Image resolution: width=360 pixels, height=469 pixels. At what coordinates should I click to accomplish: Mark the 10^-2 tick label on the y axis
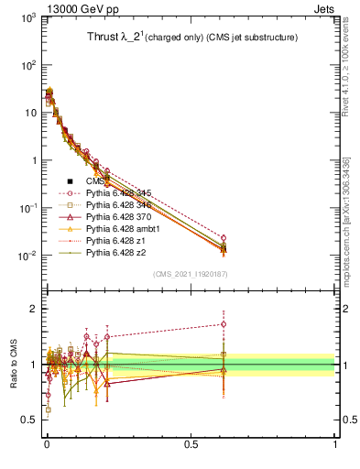pos(25,256)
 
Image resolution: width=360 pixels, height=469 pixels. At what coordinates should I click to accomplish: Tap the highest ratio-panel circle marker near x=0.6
pos(223,323)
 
